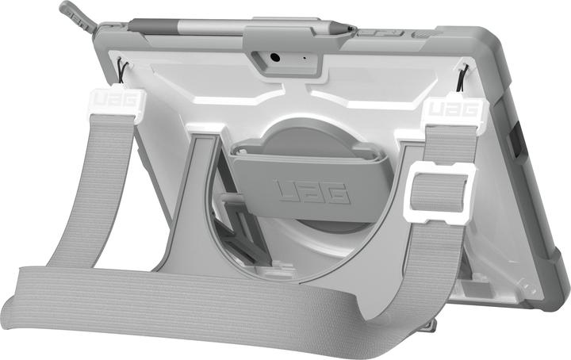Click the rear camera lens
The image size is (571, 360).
pyautogui.click(x=274, y=58)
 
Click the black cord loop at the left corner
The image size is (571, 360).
pyautogui.click(x=117, y=70)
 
